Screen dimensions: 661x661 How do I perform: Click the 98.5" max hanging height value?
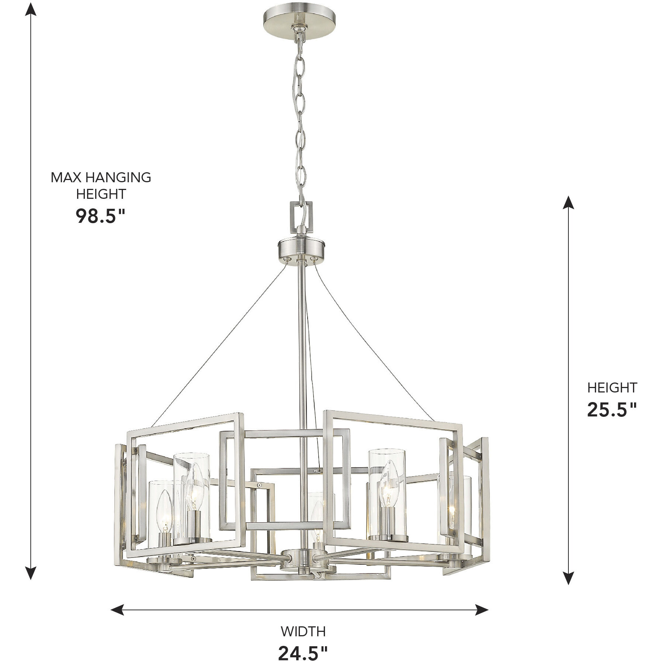tap(101, 217)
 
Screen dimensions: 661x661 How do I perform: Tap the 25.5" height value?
tap(612, 409)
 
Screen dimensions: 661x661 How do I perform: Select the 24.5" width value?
tap(302, 653)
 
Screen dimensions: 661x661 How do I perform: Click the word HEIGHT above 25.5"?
tap(612, 388)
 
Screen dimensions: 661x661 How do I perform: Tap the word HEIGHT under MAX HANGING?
tap(101, 194)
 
